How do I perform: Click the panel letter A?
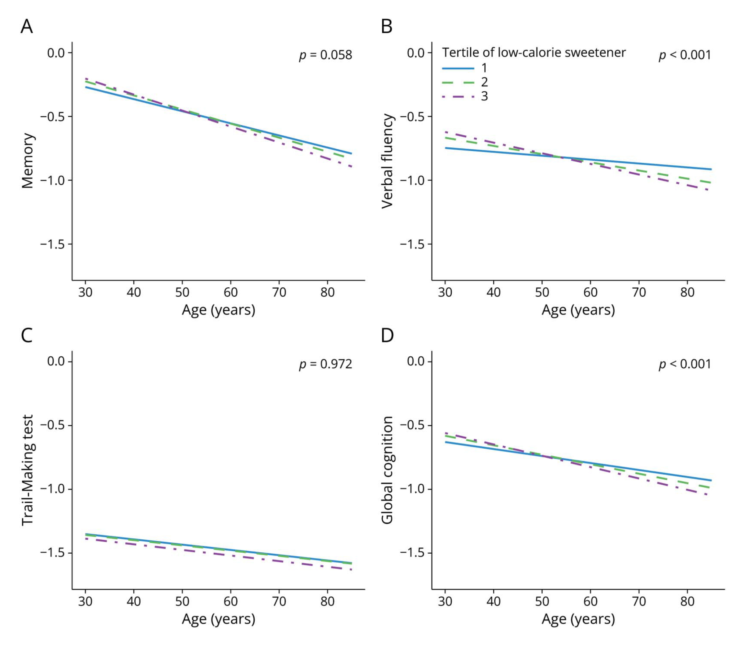point(27,27)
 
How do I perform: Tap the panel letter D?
point(387,335)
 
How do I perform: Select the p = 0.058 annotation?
point(326,55)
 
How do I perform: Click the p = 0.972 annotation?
point(326,364)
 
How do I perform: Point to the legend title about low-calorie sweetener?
point(534,52)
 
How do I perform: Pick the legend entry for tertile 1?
point(464,68)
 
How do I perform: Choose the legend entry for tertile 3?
point(464,96)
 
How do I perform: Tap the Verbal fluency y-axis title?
point(387,161)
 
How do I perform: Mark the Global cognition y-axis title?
point(387,470)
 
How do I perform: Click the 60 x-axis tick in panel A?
point(230,292)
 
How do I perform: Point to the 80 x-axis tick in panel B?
point(687,292)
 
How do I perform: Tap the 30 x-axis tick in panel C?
point(85,601)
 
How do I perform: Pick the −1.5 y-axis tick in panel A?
point(52,244)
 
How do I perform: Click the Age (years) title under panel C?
point(218,619)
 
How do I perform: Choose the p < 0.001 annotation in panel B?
point(685,55)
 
